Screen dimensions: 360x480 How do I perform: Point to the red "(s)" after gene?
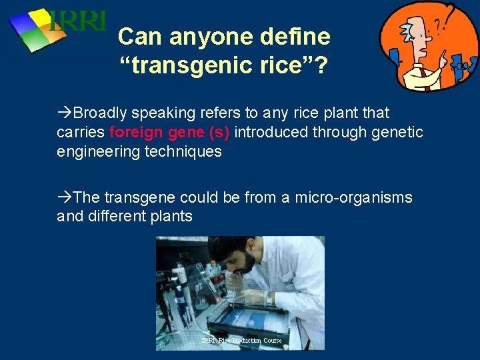pyautogui.click(x=219, y=132)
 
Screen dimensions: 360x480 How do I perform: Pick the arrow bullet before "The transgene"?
pyautogui.click(x=64, y=197)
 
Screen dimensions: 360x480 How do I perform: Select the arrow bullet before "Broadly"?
pyautogui.click(x=64, y=113)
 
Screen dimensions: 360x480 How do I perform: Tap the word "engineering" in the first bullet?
pyautogui.click(x=95, y=151)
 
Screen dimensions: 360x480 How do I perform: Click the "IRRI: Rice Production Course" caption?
pyautogui.click(x=241, y=341)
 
